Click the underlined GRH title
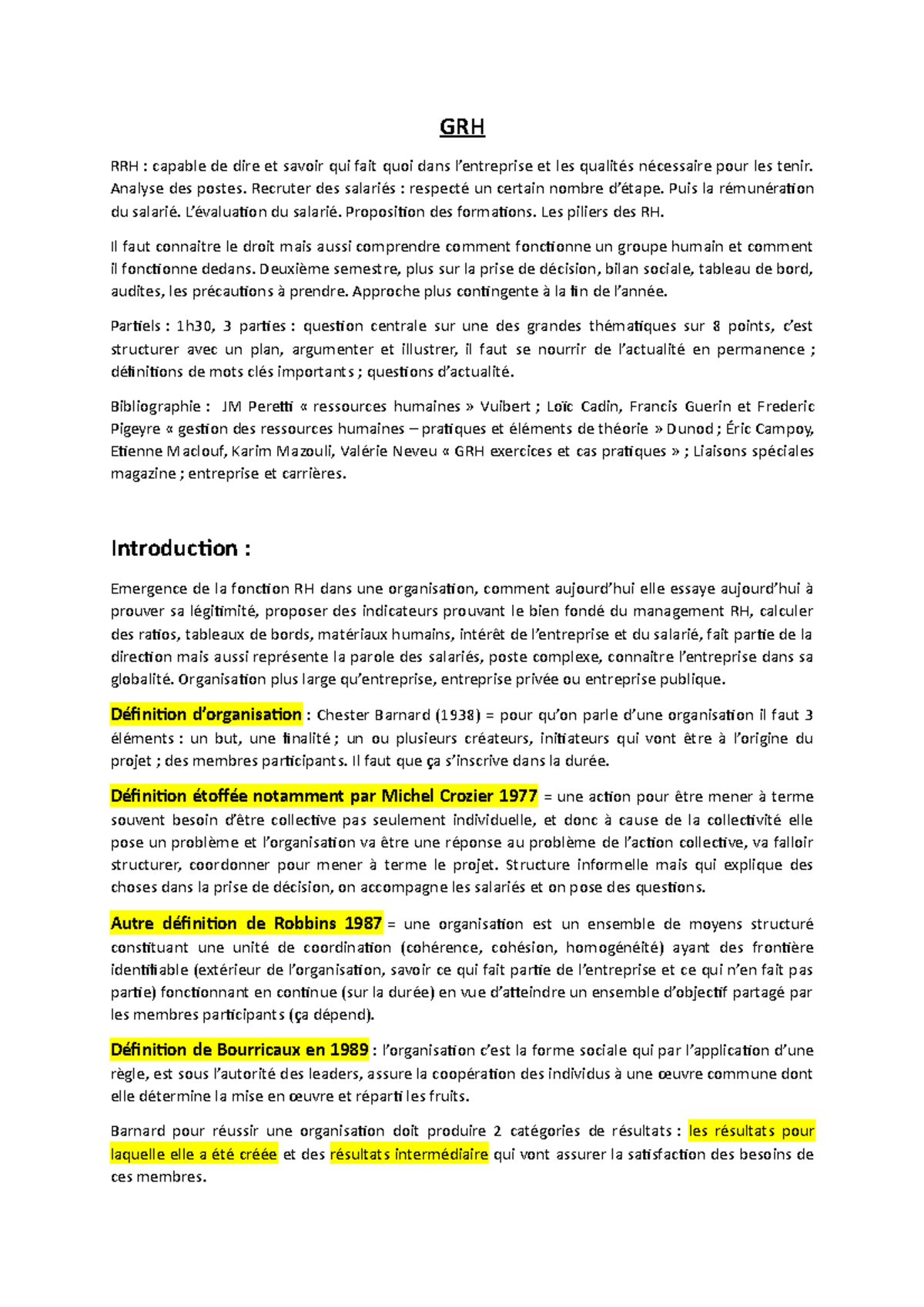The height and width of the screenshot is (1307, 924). click(x=462, y=127)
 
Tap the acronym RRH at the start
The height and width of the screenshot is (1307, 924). click(x=125, y=166)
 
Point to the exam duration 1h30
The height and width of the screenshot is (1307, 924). click(x=194, y=326)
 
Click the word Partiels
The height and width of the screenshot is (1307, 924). click(x=136, y=326)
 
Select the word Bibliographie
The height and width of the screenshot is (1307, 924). click(x=156, y=406)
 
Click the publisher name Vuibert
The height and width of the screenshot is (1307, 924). click(x=505, y=406)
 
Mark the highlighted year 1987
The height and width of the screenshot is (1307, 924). click(x=363, y=924)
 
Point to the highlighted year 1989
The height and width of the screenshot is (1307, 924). click(x=349, y=1050)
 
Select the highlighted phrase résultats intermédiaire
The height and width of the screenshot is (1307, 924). click(x=409, y=1155)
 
